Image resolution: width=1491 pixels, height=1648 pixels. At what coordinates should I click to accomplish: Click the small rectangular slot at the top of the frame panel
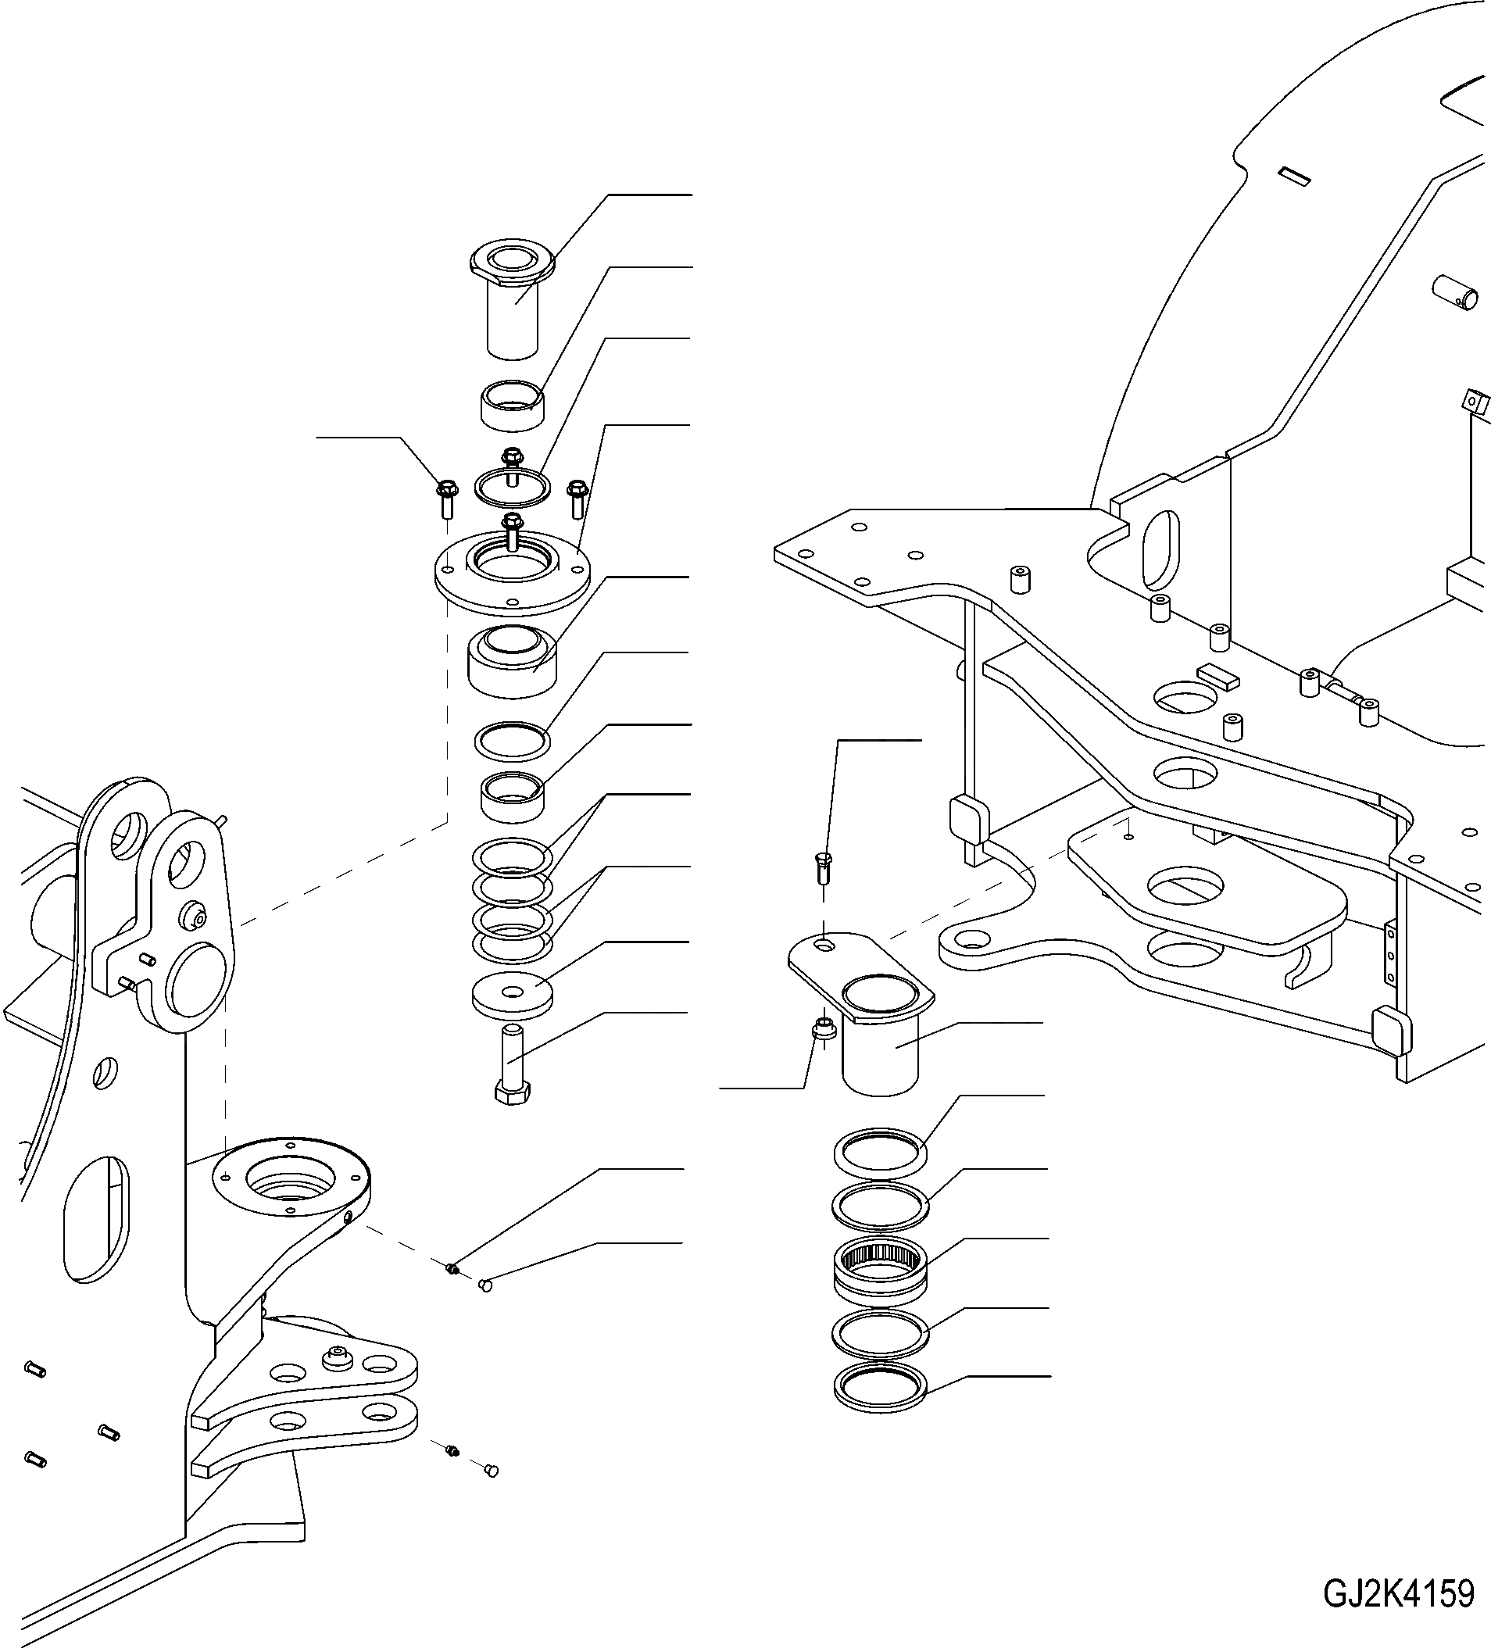(x=1295, y=175)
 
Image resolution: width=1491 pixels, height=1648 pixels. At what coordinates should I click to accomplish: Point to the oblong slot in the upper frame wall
(x=1161, y=549)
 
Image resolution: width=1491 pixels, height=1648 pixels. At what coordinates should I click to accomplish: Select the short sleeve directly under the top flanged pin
(x=513, y=404)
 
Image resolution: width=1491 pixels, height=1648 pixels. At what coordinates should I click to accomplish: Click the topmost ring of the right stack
(x=881, y=1153)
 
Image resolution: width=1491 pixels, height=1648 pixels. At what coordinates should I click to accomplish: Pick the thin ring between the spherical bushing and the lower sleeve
(x=513, y=741)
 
